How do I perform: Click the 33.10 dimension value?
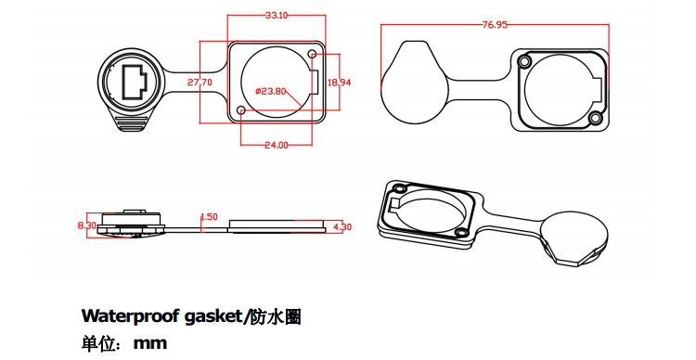(x=276, y=16)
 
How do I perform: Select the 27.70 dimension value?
(x=200, y=83)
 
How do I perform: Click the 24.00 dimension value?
(x=276, y=145)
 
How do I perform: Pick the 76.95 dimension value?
(x=495, y=25)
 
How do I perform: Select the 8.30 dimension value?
(x=87, y=225)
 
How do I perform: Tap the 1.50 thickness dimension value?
(x=209, y=217)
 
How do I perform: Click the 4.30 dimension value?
(x=342, y=226)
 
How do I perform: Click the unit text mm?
(x=149, y=343)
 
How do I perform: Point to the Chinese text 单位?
(x=98, y=343)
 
